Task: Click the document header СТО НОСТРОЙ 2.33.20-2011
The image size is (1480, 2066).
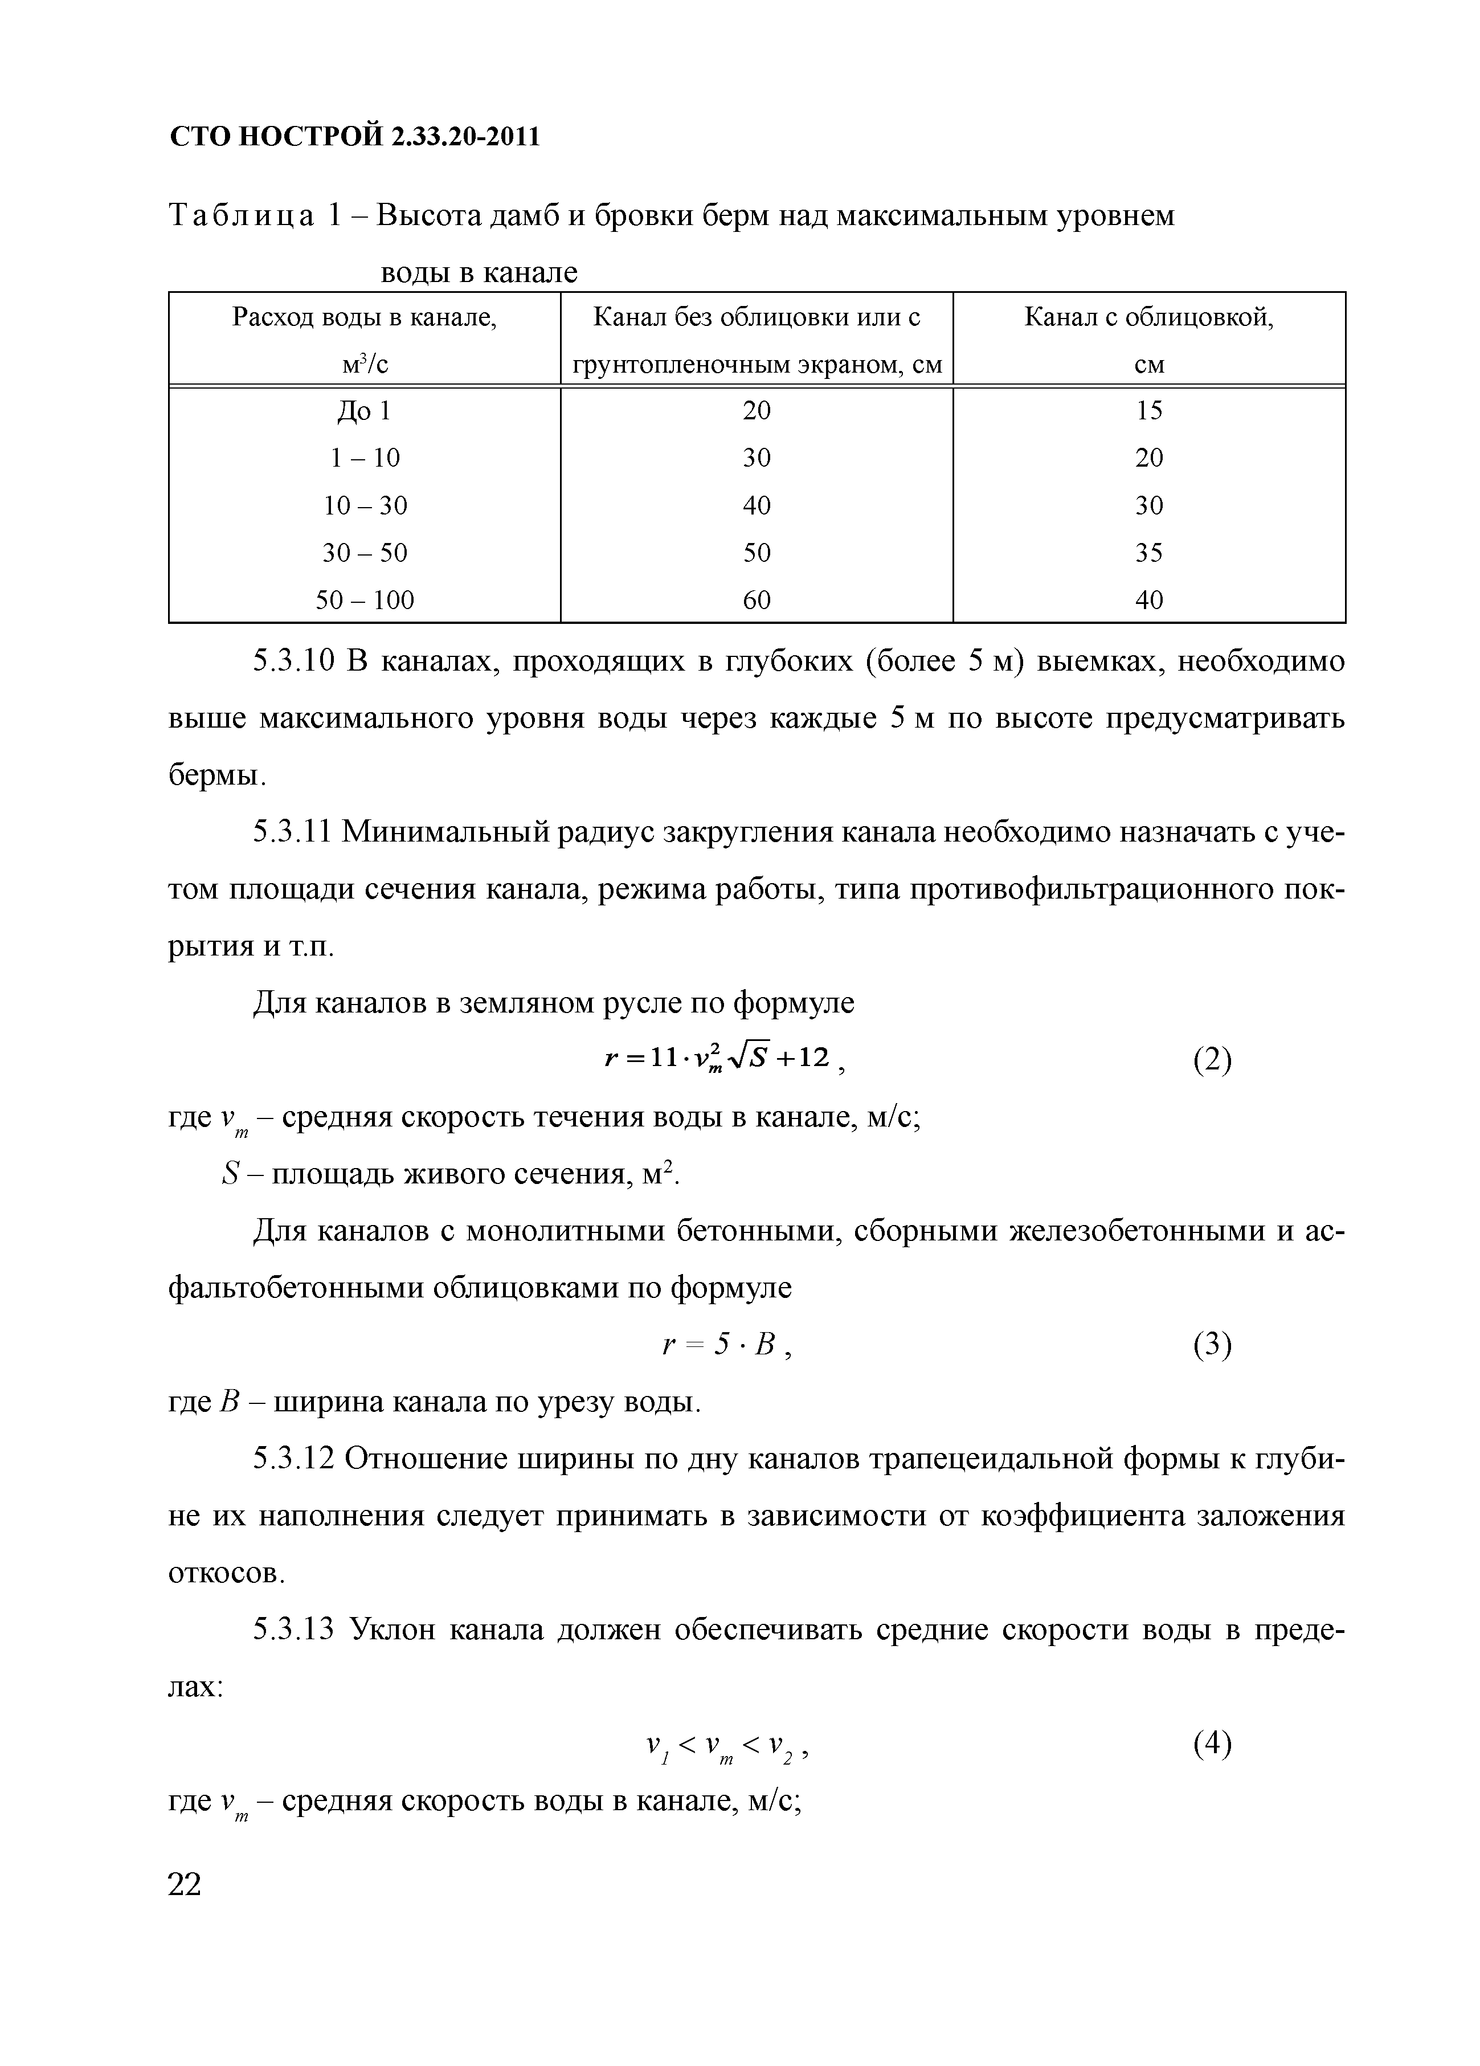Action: pos(355,137)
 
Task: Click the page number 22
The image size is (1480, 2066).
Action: pos(185,1885)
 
